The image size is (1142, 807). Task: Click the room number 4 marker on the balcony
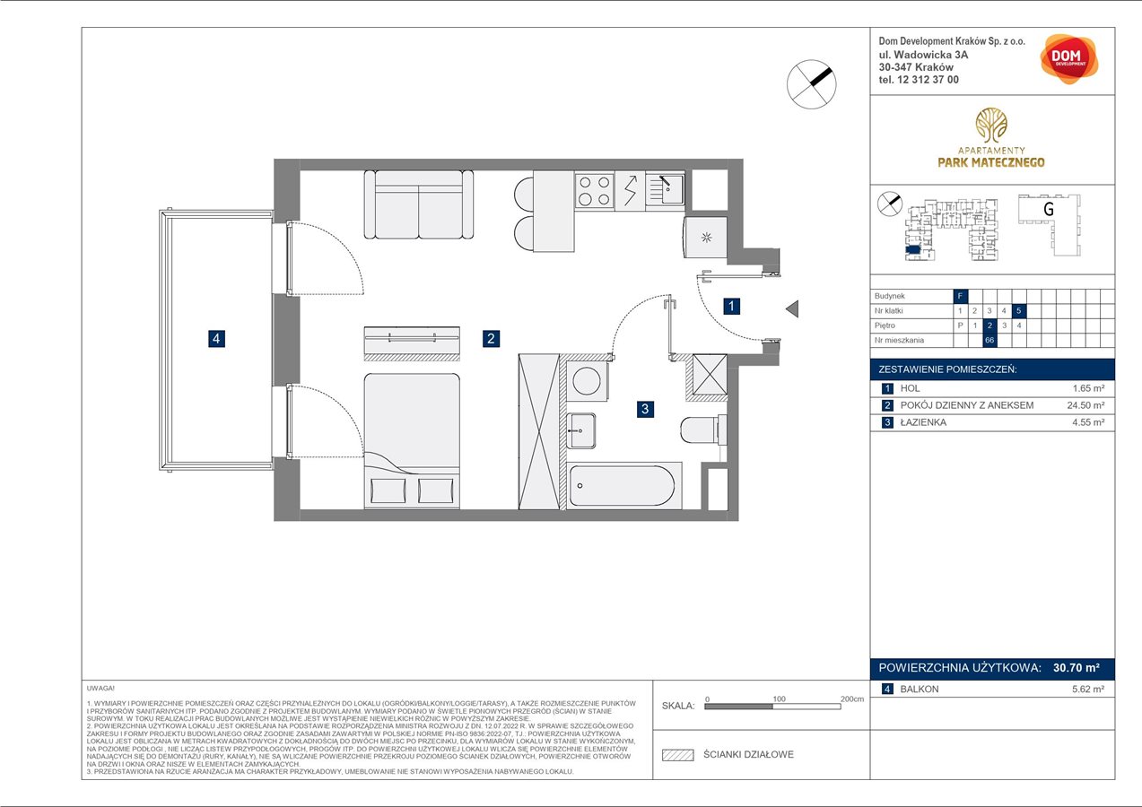click(x=216, y=339)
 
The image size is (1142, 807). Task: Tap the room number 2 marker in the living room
click(x=490, y=339)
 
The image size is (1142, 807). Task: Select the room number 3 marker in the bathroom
click(x=644, y=410)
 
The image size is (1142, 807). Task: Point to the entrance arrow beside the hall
click(x=791, y=309)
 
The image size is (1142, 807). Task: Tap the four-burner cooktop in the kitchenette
click(x=594, y=190)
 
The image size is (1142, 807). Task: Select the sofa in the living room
click(x=419, y=204)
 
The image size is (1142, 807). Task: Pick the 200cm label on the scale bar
click(x=852, y=699)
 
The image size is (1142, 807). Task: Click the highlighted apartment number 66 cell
click(x=989, y=341)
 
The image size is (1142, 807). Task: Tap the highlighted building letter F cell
click(x=960, y=295)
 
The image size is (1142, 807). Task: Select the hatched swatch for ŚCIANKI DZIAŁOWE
click(x=678, y=755)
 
